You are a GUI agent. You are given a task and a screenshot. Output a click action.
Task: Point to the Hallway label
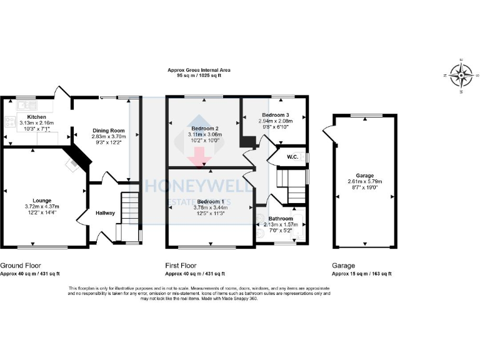click(105, 213)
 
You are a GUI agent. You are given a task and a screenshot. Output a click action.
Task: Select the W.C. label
click(292, 157)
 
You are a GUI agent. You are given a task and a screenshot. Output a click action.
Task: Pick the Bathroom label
click(281, 219)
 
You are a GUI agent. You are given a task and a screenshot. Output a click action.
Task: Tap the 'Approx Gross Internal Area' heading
click(199, 70)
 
